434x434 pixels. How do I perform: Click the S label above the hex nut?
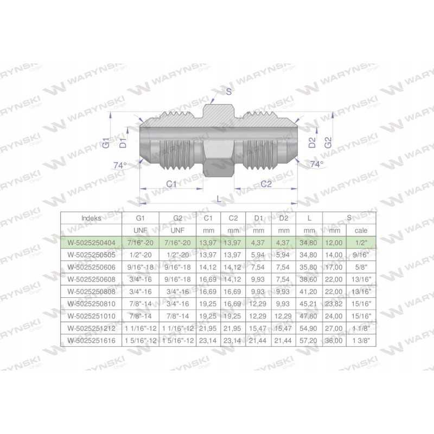(228, 91)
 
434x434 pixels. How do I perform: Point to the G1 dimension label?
(106, 143)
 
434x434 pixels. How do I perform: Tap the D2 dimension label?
(312, 143)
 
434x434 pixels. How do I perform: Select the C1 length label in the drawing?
(171, 184)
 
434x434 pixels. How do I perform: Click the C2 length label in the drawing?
(266, 184)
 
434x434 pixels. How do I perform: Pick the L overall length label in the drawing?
(219, 199)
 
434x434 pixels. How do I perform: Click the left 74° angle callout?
(120, 165)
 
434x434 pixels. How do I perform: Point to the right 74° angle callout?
(317, 164)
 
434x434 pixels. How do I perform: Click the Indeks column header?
(91, 218)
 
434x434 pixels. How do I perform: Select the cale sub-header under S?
(361, 230)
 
